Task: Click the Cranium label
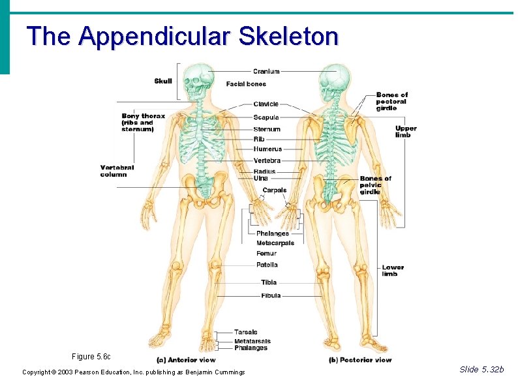[x=266, y=72]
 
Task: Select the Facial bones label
[x=246, y=84]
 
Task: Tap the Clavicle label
[x=266, y=104]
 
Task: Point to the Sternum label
[x=267, y=130]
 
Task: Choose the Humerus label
[x=267, y=149]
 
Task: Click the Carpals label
[x=274, y=190]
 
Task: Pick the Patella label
[x=267, y=265]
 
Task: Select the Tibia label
[x=269, y=282]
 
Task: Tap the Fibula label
[x=271, y=296]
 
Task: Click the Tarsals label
[x=246, y=333]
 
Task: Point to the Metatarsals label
[x=252, y=341]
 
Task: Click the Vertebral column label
[x=117, y=171]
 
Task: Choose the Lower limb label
[x=393, y=271]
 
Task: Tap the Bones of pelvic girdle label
[x=375, y=185]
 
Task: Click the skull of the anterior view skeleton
[x=198, y=81]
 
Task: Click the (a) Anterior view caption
[x=186, y=360]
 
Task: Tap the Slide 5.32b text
[x=481, y=370]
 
